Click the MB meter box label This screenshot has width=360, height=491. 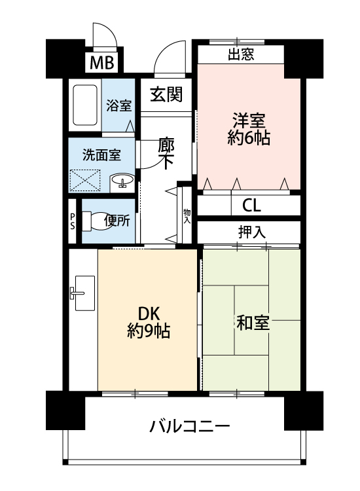(x=101, y=62)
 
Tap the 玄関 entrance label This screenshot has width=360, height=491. (x=166, y=94)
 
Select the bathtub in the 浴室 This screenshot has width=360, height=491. (x=85, y=105)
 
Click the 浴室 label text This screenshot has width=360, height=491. (x=118, y=105)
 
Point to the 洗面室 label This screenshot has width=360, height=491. (x=101, y=155)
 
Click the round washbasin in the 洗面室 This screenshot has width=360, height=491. (x=122, y=181)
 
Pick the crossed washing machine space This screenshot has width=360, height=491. (x=85, y=180)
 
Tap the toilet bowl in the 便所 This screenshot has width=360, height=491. (x=97, y=221)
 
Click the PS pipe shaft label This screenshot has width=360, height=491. (x=72, y=221)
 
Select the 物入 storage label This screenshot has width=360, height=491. (x=187, y=216)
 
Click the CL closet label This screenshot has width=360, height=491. (x=251, y=206)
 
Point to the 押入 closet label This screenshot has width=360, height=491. (x=252, y=232)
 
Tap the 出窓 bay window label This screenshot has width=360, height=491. (x=241, y=54)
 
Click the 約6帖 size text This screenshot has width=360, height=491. (x=249, y=137)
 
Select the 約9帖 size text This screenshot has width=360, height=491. (x=149, y=331)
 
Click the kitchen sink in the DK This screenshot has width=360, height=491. (x=83, y=293)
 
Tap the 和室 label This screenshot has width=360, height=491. (x=253, y=323)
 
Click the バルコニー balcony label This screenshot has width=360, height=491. (x=190, y=426)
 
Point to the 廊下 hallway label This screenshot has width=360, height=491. (x=166, y=153)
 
